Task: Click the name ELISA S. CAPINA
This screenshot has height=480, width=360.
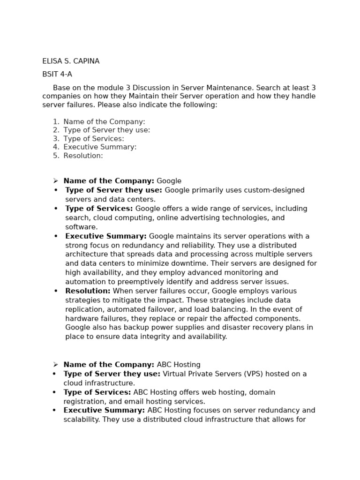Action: (71, 61)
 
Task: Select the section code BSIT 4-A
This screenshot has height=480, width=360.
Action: (57, 75)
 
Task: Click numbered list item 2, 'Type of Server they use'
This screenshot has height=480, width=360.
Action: (106, 130)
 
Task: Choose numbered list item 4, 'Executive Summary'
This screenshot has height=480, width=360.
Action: (100, 147)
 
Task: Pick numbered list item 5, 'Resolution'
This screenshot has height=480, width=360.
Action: (83, 156)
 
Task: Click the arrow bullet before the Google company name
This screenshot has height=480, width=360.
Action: (55, 181)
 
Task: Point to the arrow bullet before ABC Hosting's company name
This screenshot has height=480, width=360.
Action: (55, 365)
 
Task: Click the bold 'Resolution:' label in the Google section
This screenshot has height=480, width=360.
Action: (88, 291)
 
